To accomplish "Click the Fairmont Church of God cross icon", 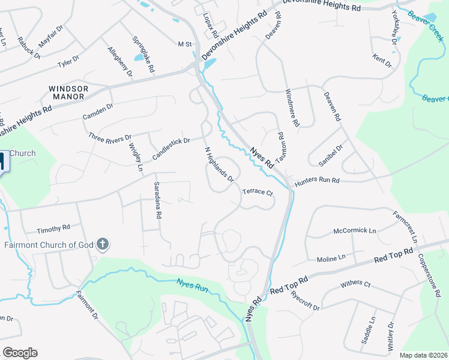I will click(x=103, y=244).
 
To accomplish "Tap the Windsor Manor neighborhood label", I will click(x=68, y=92).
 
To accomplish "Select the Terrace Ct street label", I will click(x=258, y=193).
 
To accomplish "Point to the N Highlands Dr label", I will click(x=218, y=164).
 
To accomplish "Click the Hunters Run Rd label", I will click(x=317, y=180).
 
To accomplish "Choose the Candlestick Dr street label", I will click(x=170, y=149).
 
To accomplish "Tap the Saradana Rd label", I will click(x=158, y=200).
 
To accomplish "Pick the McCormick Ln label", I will click(x=354, y=231).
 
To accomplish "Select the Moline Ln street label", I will click(x=331, y=258).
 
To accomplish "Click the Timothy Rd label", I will click(x=53, y=229).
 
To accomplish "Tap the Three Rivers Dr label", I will click(x=110, y=137).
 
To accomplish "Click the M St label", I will click(x=184, y=44).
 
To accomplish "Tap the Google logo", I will click(x=20, y=353).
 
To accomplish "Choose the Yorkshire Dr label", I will click(x=394, y=29).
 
